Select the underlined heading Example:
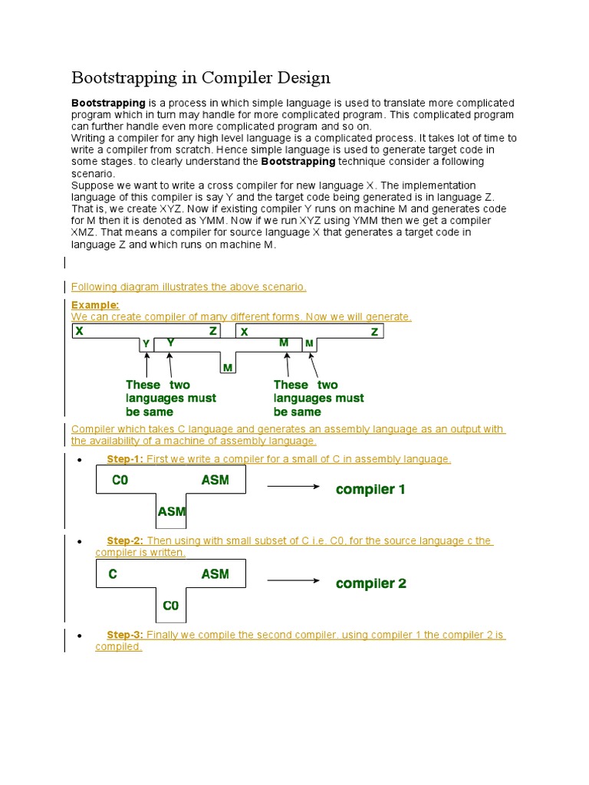click(x=95, y=305)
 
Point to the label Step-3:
click(x=125, y=635)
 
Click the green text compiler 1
click(x=370, y=489)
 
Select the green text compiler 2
click(x=370, y=583)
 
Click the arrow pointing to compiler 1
click(x=293, y=486)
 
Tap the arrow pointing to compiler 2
click(x=293, y=580)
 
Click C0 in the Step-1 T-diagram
click(x=120, y=480)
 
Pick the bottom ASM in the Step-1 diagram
click(x=171, y=511)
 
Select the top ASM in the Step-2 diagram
click(x=215, y=573)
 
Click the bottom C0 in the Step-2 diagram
click(x=170, y=606)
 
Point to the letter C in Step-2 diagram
click(x=113, y=573)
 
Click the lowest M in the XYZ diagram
click(x=228, y=369)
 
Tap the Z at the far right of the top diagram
click(x=374, y=332)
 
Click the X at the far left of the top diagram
click(x=79, y=331)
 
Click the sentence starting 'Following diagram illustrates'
click(x=189, y=287)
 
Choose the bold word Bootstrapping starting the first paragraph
click(x=108, y=103)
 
